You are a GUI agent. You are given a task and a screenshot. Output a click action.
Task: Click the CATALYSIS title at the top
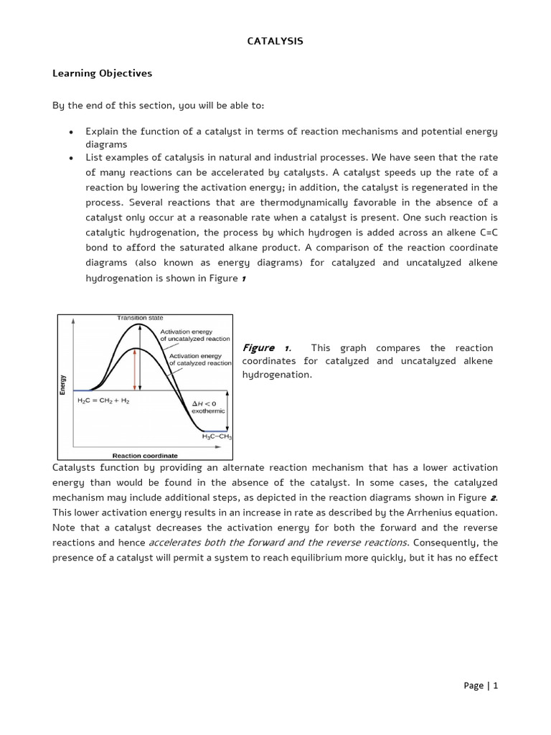[275, 42]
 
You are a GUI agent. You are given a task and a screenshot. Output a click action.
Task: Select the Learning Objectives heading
[102, 73]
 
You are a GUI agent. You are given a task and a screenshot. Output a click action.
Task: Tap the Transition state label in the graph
[140, 318]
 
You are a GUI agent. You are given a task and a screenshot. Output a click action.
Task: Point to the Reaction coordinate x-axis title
[145, 455]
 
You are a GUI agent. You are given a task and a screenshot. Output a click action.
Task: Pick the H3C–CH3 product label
[217, 436]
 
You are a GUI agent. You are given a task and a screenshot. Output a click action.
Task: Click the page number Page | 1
[480, 685]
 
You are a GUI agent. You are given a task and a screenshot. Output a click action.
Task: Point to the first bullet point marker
[70, 132]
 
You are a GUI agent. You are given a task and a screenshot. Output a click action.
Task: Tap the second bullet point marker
[70, 158]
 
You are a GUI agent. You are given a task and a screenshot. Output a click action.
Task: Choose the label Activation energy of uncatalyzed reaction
[195, 335]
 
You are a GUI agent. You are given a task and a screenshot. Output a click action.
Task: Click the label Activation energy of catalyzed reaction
[200, 359]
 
